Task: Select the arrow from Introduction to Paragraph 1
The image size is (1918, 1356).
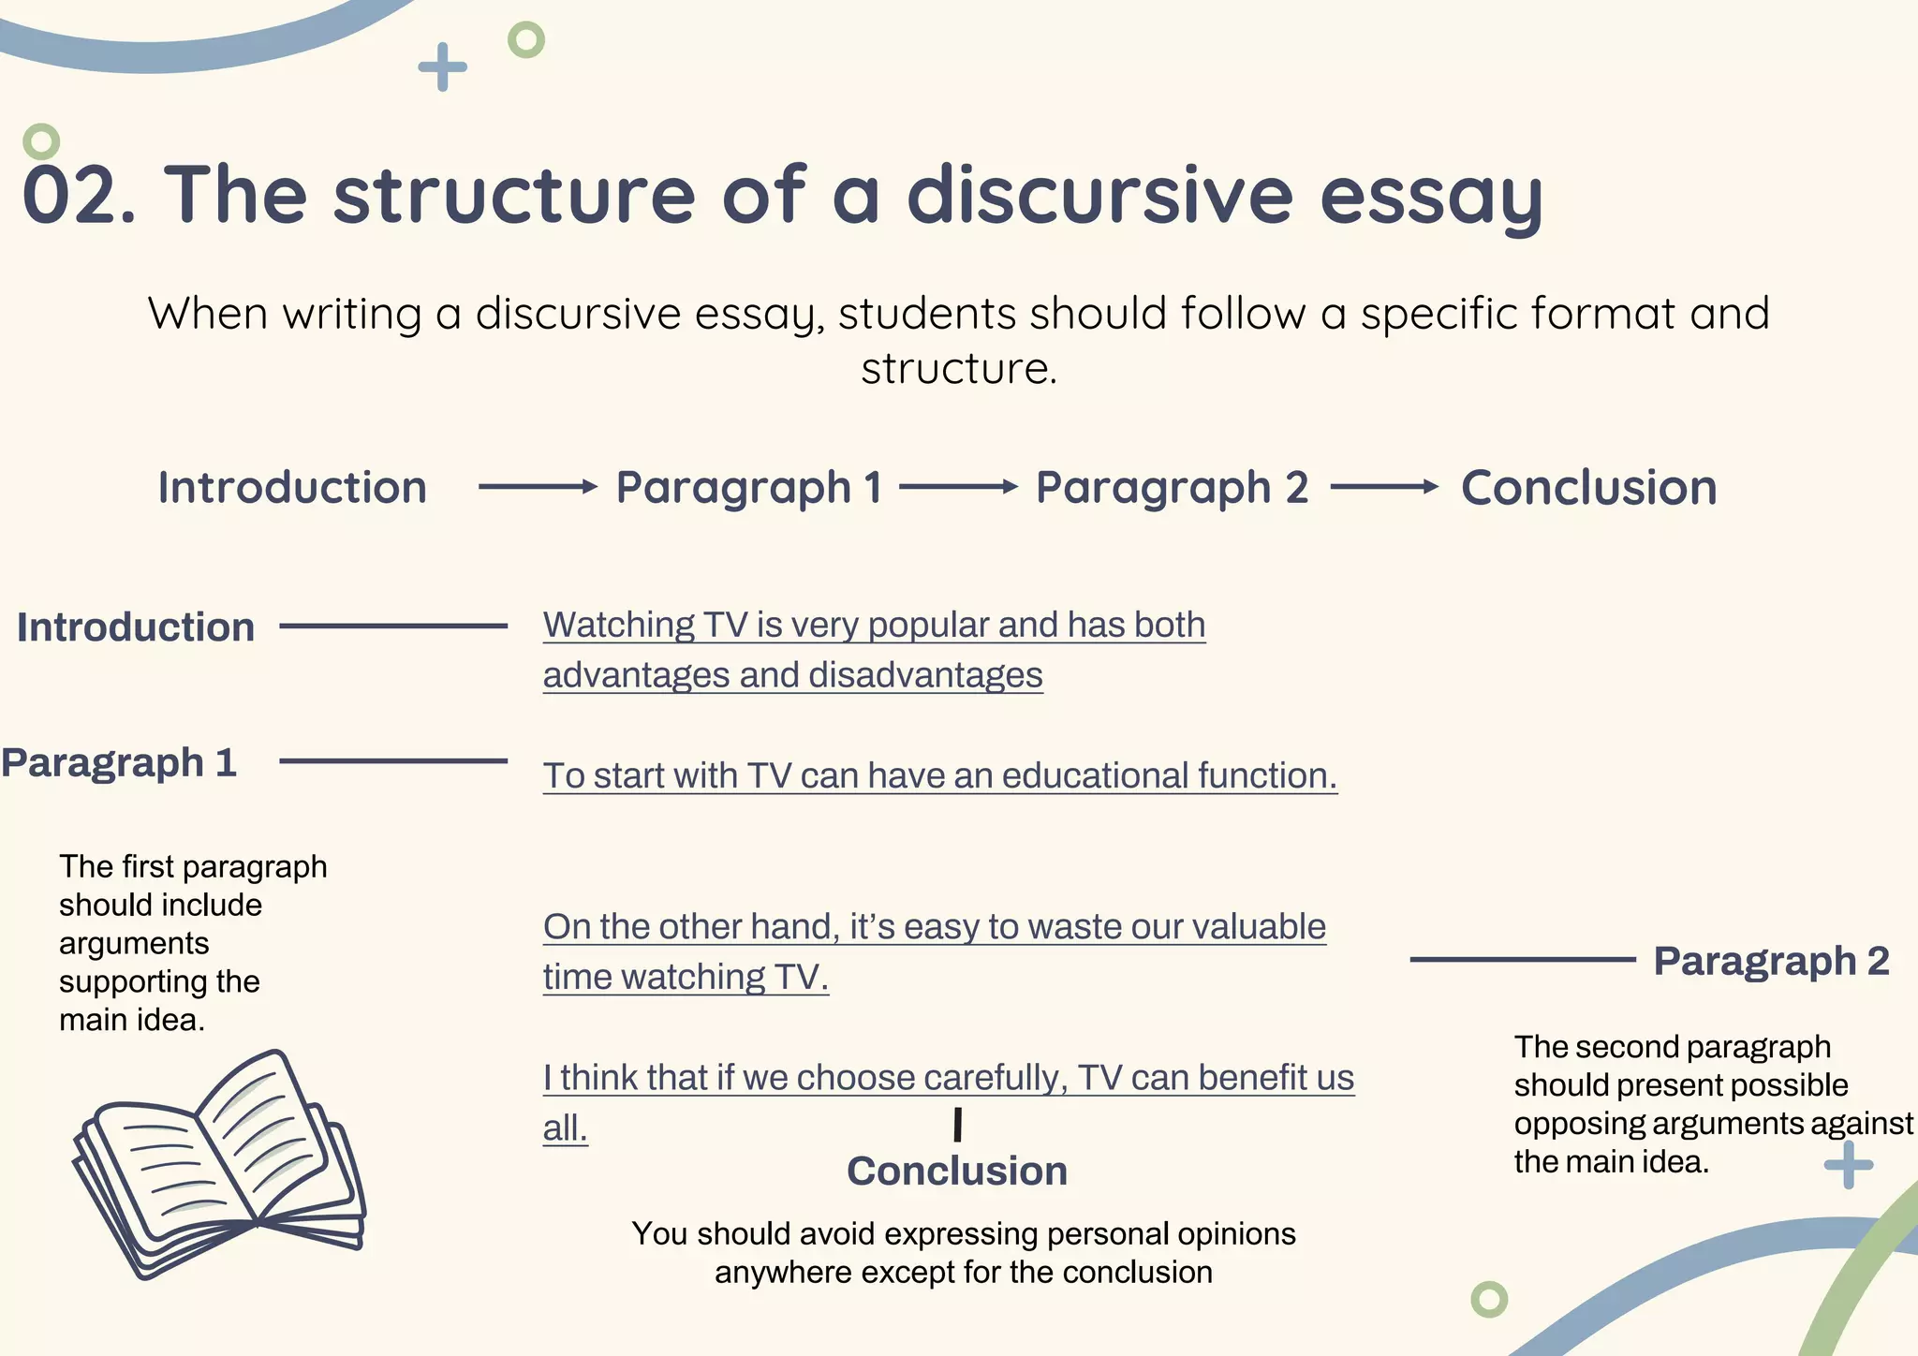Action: pyautogui.click(x=538, y=486)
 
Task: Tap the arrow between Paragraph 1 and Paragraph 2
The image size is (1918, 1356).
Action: pyautogui.click(x=958, y=486)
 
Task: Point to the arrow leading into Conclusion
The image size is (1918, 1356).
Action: pyautogui.click(x=1384, y=486)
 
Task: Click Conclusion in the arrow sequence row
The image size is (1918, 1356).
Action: pyautogui.click(x=1588, y=488)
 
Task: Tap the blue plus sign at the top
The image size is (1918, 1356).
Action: pyautogui.click(x=442, y=67)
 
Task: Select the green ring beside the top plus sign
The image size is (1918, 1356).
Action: pyautogui.click(x=525, y=40)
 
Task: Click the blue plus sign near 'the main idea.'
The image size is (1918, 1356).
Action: pyautogui.click(x=1849, y=1165)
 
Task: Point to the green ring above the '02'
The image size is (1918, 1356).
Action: pyautogui.click(x=41, y=142)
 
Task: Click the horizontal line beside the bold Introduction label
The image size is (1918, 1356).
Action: pyautogui.click(x=393, y=626)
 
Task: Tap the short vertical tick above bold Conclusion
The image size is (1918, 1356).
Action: pyautogui.click(x=957, y=1125)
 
